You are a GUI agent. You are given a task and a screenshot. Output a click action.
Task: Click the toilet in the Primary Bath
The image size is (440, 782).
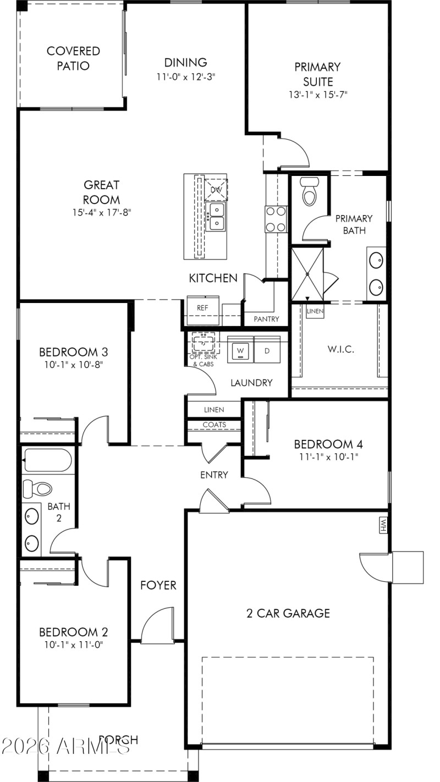[x=310, y=192]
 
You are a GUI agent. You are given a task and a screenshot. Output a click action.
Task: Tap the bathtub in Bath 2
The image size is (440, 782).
[x=48, y=460]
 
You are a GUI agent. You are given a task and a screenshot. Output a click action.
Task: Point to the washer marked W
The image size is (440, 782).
[x=240, y=350]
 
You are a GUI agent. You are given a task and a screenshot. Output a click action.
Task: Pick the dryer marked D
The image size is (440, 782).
[x=267, y=350]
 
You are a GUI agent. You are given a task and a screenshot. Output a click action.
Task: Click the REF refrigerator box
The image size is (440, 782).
[x=202, y=308]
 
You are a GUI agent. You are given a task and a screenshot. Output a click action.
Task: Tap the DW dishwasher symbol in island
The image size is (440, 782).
[x=215, y=189]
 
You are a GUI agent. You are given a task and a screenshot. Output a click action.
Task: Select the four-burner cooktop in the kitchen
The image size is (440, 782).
[x=276, y=218]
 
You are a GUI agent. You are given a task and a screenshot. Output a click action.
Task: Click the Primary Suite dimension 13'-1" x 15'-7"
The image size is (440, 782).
[x=318, y=94]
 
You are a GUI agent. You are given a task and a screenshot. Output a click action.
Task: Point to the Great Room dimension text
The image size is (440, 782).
[x=102, y=212]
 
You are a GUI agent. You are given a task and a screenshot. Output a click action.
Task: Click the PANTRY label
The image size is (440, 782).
[x=266, y=319]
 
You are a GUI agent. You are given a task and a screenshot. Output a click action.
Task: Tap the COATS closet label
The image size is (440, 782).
[x=214, y=425]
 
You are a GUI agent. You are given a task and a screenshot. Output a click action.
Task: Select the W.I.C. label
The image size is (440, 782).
[x=340, y=349]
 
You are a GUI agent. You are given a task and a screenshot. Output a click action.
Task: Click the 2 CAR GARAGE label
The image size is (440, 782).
[x=288, y=613]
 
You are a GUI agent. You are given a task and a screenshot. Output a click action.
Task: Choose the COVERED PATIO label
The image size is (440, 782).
[x=73, y=58]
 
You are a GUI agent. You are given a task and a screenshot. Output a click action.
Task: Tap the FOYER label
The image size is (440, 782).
[x=158, y=585]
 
